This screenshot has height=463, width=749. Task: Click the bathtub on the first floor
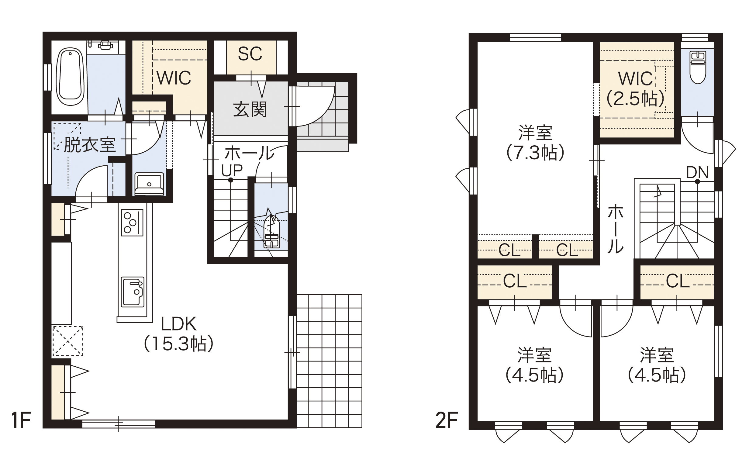pos(71,77)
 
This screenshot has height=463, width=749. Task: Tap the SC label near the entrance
pos(250,54)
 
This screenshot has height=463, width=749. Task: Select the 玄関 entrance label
pos(250,109)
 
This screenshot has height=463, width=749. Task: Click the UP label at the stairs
pos(232,171)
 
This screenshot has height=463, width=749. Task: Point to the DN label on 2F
pos(697,173)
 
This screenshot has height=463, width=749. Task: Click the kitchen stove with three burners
pos(132,223)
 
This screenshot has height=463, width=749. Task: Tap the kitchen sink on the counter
pos(133,292)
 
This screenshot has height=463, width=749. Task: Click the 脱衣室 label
pos(89,145)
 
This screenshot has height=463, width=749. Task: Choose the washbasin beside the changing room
pos(149,184)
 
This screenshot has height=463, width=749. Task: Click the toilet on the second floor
pos(698,67)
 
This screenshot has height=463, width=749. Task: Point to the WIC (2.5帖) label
pos(635,89)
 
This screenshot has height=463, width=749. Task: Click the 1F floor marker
pos(21,420)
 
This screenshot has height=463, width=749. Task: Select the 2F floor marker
pos(447,420)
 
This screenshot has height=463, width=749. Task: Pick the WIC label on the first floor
pos(174,78)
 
